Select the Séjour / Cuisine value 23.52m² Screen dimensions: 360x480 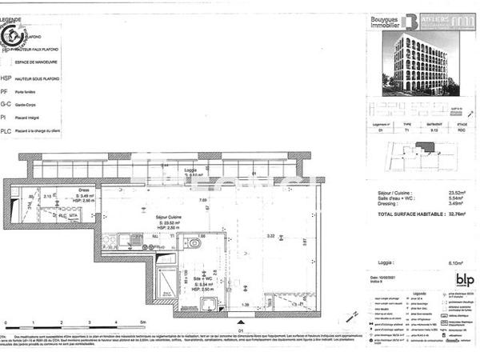point(458,192)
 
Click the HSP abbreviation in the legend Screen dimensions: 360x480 point(6,78)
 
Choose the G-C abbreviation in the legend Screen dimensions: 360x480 point(6,104)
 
